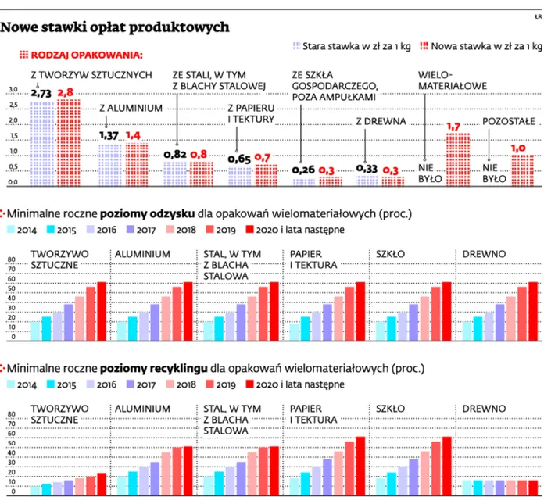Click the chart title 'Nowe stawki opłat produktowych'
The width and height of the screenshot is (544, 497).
click(115, 27)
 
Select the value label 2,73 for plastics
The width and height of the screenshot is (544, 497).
click(41, 93)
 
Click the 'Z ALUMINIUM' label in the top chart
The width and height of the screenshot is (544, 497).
click(131, 107)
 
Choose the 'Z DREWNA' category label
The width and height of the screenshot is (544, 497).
click(380, 121)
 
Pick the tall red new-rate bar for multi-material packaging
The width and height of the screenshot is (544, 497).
click(457, 159)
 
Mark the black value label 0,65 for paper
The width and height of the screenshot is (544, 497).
click(239, 159)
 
